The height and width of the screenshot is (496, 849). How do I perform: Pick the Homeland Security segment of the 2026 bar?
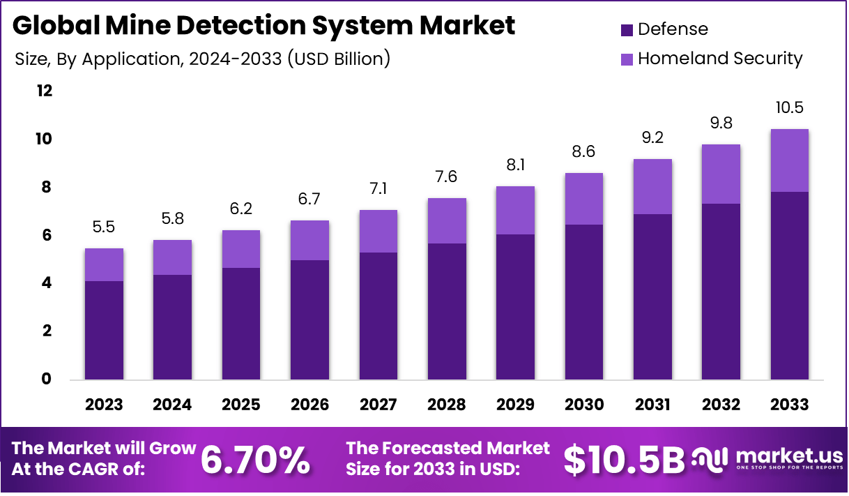pyautogui.click(x=309, y=240)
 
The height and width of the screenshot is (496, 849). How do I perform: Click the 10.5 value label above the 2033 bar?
pyautogui.click(x=789, y=107)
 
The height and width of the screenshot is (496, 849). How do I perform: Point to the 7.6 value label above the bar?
pyautogui.click(x=447, y=176)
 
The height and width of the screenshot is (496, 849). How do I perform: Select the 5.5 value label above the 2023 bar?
pyautogui.click(x=104, y=227)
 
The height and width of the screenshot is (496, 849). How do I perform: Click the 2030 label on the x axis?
pyautogui.click(x=584, y=405)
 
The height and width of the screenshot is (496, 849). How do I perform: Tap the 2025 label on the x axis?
pyautogui.click(x=241, y=405)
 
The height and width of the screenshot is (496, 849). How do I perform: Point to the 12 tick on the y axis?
pyautogui.click(x=44, y=91)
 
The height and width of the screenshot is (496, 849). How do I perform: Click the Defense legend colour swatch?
pyautogui.click(x=626, y=30)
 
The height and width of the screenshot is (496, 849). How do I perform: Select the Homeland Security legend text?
pyautogui.click(x=720, y=58)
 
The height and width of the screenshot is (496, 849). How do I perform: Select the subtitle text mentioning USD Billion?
pyautogui.click(x=202, y=59)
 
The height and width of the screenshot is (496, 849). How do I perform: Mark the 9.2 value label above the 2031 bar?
pyautogui.click(x=652, y=137)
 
